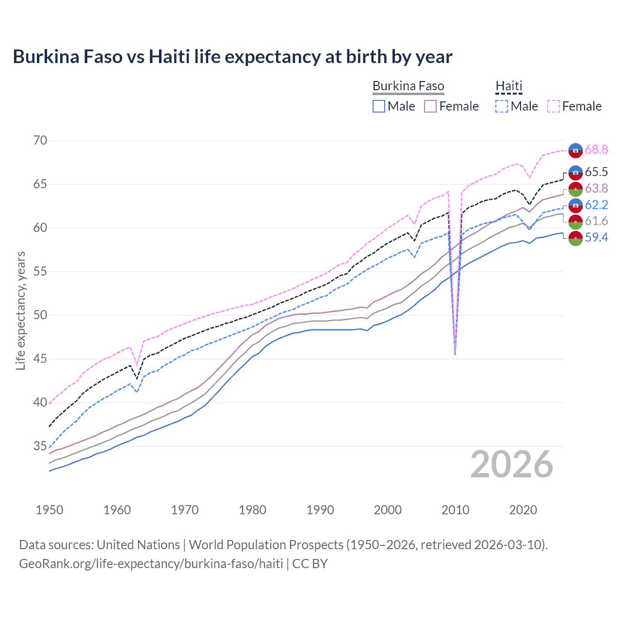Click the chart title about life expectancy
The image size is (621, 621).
[x=232, y=57]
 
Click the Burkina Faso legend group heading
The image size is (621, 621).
[x=408, y=86]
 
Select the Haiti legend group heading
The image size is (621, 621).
[x=508, y=86]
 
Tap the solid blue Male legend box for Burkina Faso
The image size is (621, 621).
[x=379, y=106]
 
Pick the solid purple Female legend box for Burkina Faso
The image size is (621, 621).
[x=430, y=106]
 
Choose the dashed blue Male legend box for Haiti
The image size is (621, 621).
[x=502, y=106]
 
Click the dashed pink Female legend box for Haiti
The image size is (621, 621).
[x=554, y=106]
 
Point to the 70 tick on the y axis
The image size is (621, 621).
[x=40, y=141]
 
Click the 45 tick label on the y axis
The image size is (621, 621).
[x=40, y=359]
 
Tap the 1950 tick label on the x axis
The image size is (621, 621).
[x=49, y=510]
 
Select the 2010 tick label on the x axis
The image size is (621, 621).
[x=455, y=510]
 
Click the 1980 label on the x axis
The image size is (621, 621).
[x=252, y=510]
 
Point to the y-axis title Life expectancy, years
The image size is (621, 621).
[x=20, y=310]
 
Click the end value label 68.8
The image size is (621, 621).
[x=596, y=149]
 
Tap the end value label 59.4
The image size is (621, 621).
[x=596, y=237]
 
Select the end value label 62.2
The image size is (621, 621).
[x=596, y=205]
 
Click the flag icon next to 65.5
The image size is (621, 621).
[x=575, y=172]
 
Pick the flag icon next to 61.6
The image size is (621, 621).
[x=575, y=221]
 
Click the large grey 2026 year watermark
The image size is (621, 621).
[x=512, y=464]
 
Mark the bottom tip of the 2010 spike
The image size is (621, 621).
[x=455, y=354]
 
